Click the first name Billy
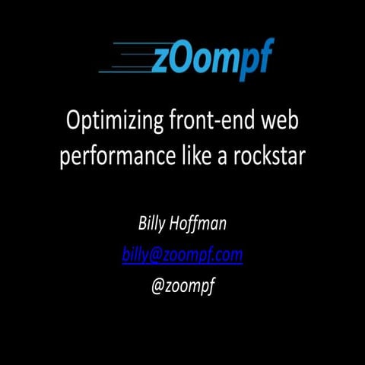pyautogui.click(x=152, y=224)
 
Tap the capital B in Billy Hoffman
pyautogui.click(x=141, y=224)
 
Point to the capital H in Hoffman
pyautogui.click(x=179, y=224)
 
